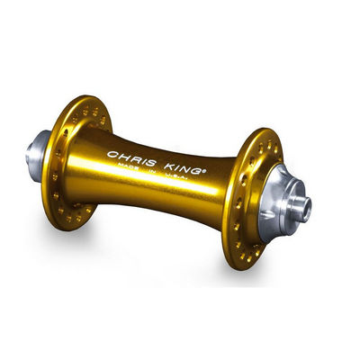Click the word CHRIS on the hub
tap(131, 158)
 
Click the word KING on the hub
tap(184, 168)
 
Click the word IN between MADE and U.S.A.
tap(152, 171)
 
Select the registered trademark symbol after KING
tap(204, 172)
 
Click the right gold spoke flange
tap(247, 199)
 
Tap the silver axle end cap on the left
tap(37, 156)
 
